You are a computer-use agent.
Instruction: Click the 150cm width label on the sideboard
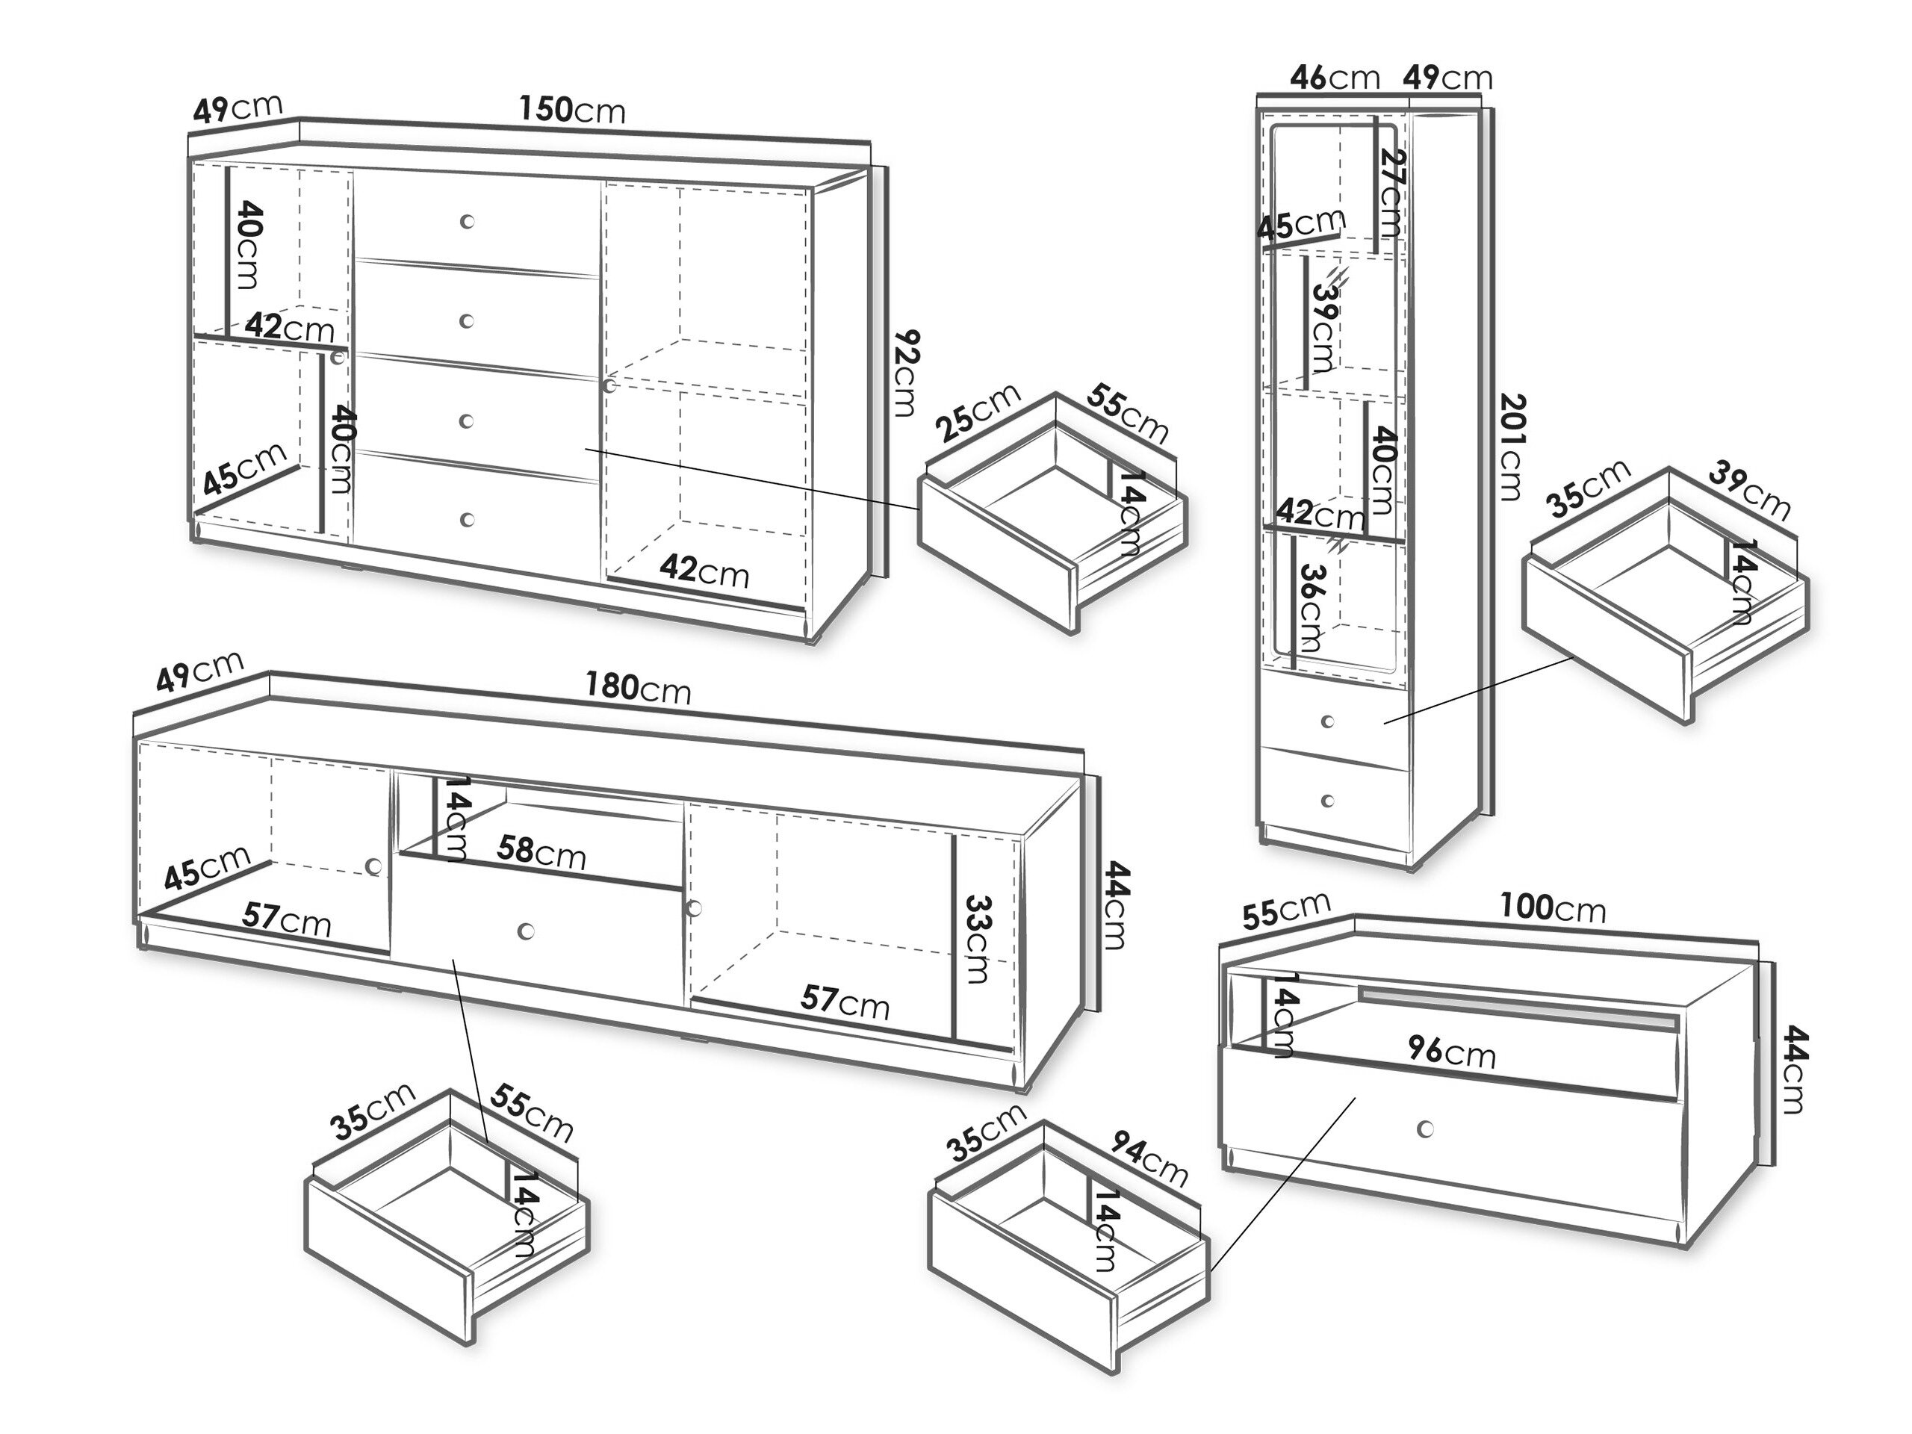(571, 110)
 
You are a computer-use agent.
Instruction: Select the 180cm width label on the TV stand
(638, 688)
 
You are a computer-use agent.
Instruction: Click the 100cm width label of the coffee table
(1553, 907)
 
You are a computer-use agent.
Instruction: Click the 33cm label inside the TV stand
(976, 939)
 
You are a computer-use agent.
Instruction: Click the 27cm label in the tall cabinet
(1391, 192)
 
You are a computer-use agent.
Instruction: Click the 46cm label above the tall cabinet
(1335, 78)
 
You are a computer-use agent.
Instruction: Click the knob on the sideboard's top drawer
(467, 221)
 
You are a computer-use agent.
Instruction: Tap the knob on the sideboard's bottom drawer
(468, 520)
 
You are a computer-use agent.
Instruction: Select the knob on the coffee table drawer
(1425, 1129)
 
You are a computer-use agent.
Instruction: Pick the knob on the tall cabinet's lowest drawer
(1328, 801)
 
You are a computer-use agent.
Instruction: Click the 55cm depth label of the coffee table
(1285, 910)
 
